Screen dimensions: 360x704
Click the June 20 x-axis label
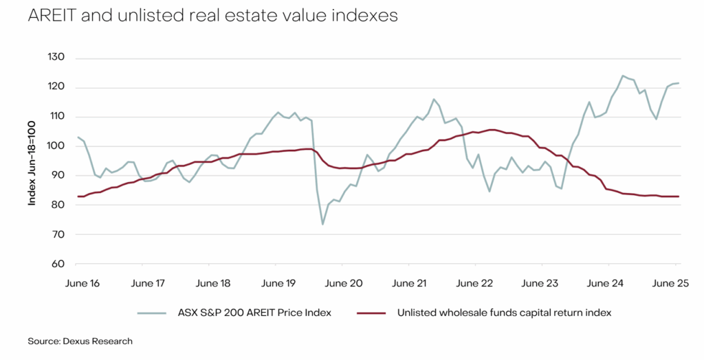pyautogui.click(x=344, y=283)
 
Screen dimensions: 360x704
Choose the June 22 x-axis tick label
pyautogui.click(x=474, y=283)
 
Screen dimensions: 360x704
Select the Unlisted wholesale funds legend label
pyautogui.click(x=504, y=313)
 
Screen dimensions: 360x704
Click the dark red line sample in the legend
pyautogui.click(x=372, y=313)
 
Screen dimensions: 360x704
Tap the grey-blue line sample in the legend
pyautogui.click(x=154, y=313)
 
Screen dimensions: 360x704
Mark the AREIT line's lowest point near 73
pyautogui.click(x=322, y=224)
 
